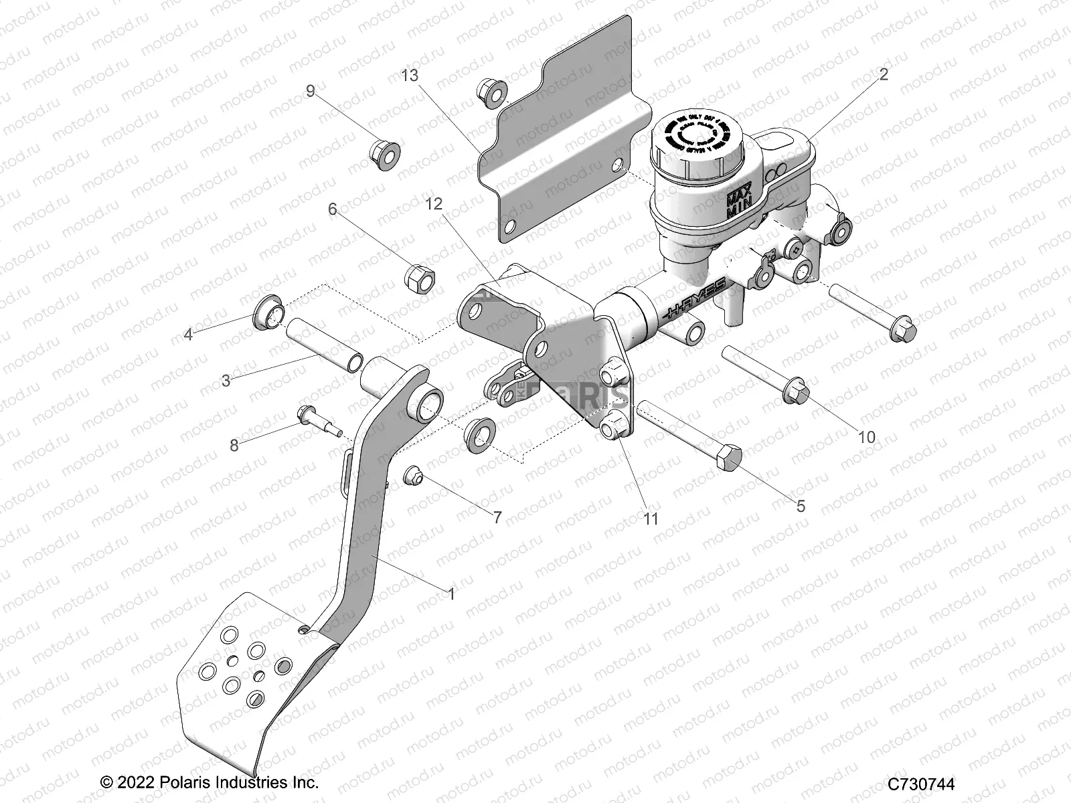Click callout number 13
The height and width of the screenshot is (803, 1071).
pyautogui.click(x=410, y=76)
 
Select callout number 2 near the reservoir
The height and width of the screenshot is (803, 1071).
pyautogui.click(x=883, y=75)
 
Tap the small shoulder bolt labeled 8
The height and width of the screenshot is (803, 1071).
pyautogui.click(x=315, y=421)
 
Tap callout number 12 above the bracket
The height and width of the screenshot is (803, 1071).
pyautogui.click(x=434, y=204)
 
